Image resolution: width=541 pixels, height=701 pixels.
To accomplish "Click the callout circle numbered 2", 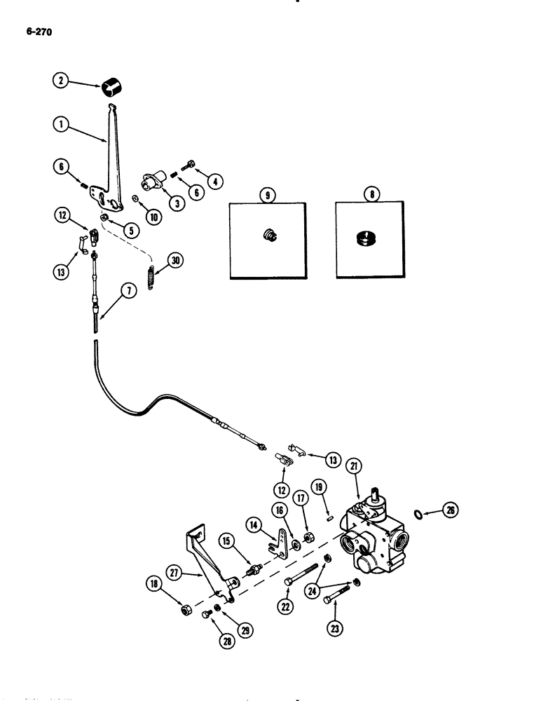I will point(63,81).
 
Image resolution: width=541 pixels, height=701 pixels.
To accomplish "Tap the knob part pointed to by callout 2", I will point(113,88).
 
